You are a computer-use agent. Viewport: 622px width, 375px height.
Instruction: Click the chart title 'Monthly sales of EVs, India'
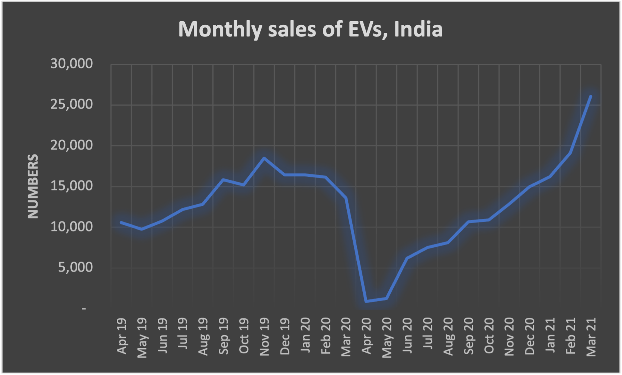310,29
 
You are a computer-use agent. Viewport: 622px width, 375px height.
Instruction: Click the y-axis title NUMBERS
33,186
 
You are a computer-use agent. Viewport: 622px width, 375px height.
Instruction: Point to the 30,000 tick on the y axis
71,64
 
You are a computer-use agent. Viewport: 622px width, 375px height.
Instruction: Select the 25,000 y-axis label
71,104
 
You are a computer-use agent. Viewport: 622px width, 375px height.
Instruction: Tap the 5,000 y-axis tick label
75,267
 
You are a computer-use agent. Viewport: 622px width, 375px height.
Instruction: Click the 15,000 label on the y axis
71,186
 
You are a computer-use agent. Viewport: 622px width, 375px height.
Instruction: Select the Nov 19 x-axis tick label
264,337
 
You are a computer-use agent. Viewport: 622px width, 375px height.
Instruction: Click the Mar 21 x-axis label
591,337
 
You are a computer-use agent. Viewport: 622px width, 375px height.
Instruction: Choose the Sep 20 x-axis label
469,336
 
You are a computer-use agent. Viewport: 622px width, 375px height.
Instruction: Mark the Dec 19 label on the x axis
285,336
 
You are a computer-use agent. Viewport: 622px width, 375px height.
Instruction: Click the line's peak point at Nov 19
264,158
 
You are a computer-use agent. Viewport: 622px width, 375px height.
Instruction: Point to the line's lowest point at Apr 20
366,301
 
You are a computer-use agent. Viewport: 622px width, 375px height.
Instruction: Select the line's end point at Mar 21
591,96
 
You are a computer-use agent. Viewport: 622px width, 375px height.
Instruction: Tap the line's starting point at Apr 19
121,222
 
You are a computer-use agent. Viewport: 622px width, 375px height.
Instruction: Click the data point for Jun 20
407,258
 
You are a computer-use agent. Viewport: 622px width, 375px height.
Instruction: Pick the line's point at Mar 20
346,198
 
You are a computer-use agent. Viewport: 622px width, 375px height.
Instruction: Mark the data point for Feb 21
570,153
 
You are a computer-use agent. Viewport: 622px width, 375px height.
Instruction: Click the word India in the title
418,29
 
